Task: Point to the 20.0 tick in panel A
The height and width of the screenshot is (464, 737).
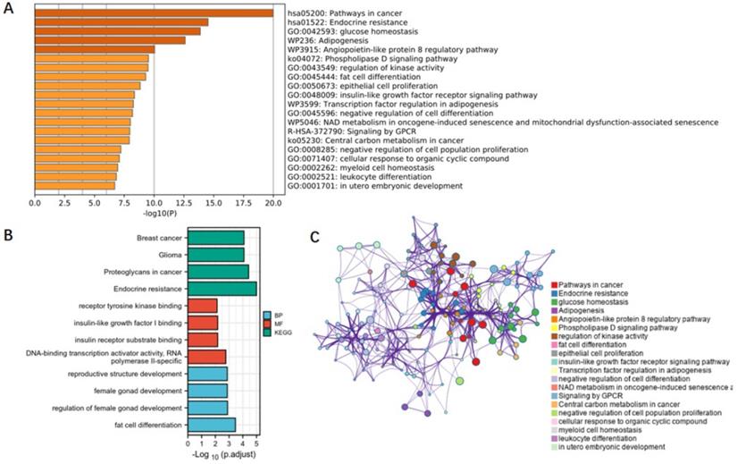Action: coord(272,204)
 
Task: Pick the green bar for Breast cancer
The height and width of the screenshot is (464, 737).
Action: coord(215,238)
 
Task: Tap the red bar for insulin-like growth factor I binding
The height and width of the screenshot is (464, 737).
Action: coord(202,323)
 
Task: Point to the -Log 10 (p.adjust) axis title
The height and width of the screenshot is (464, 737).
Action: coord(222,456)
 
